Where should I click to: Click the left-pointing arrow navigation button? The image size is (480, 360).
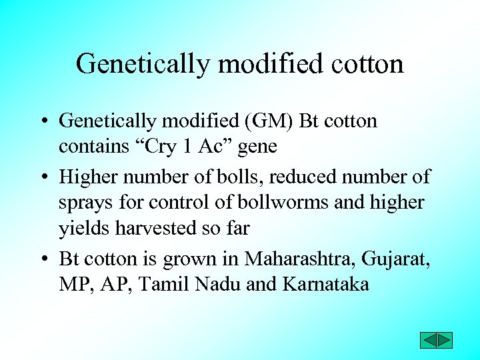point(428,340)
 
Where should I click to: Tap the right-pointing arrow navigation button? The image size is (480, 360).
point(445,340)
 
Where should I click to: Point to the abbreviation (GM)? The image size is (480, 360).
point(266,121)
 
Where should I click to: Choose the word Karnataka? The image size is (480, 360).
point(326,284)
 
